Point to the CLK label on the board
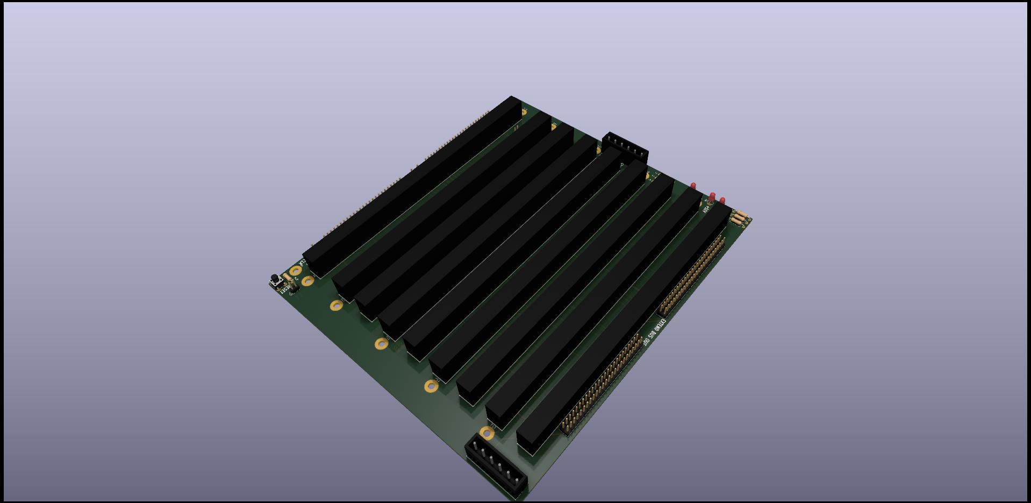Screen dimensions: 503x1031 tap(303, 263)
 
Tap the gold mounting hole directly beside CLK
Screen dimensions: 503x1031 tap(296, 271)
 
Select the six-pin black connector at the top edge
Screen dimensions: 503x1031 tap(625, 146)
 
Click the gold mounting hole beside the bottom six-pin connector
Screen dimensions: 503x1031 tap(486, 433)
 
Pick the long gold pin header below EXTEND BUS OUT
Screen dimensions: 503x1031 tap(602, 383)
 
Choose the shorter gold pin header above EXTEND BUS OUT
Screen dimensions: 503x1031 tap(692, 276)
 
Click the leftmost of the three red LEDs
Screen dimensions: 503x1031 tap(693, 186)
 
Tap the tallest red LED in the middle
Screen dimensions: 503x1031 tap(712, 197)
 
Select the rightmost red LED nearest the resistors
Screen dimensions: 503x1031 tap(722, 201)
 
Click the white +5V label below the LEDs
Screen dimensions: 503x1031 tap(706, 209)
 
